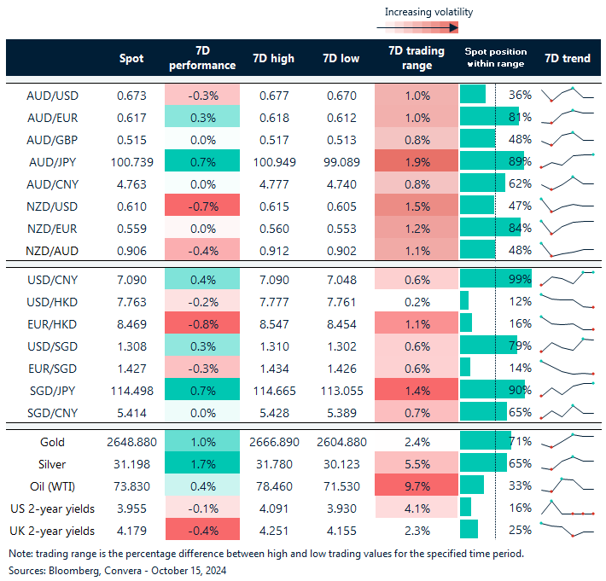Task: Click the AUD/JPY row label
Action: (53, 160)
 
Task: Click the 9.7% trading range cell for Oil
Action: (417, 485)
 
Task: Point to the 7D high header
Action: (274, 59)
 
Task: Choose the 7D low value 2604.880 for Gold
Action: (341, 442)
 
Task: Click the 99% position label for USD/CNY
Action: (521, 278)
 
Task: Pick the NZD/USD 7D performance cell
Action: (202, 206)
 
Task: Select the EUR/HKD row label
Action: (53, 323)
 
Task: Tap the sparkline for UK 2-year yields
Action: (567, 530)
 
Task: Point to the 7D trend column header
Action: (567, 59)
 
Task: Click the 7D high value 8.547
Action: (274, 323)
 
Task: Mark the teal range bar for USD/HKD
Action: (464, 300)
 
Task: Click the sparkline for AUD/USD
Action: (567, 94)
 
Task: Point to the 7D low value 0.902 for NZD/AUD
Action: (341, 250)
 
